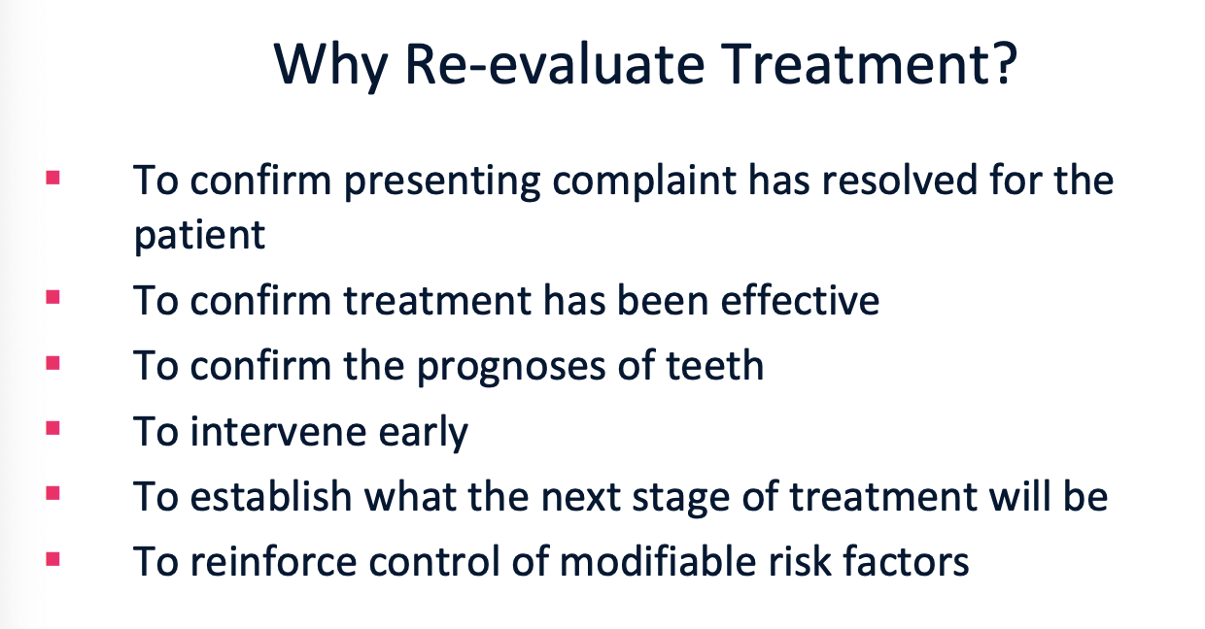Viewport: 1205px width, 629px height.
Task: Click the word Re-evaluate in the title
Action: (x=554, y=63)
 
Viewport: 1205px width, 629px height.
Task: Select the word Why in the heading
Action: (x=330, y=67)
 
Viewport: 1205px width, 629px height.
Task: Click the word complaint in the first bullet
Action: (x=644, y=181)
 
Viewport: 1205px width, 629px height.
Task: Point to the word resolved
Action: (x=900, y=180)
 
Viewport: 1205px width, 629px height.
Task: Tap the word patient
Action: (x=199, y=236)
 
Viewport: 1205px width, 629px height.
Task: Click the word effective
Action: (x=800, y=300)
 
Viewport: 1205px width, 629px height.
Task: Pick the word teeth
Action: (x=715, y=365)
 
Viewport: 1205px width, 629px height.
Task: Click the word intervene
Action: (x=278, y=431)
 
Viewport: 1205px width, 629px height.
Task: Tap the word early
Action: (x=424, y=433)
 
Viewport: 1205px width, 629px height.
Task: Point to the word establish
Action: (x=270, y=496)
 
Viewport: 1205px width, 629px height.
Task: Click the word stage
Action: (x=681, y=499)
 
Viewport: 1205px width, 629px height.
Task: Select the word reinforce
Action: (x=273, y=561)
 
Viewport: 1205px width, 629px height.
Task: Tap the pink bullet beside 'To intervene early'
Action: (x=52, y=428)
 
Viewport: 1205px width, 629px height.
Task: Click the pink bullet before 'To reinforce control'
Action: (x=52, y=559)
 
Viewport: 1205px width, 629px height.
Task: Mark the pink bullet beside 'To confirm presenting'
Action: (x=52, y=178)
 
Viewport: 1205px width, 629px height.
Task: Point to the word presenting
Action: (x=442, y=182)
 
